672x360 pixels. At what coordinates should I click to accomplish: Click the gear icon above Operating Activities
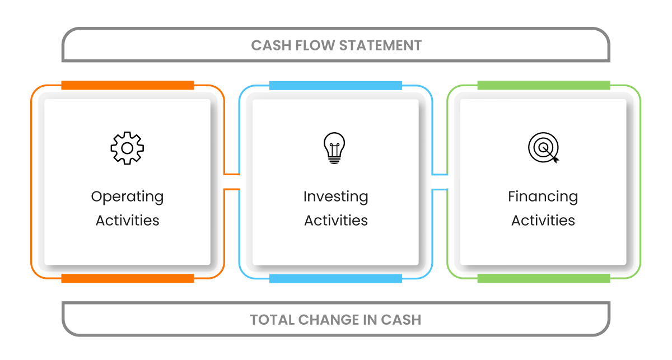127,148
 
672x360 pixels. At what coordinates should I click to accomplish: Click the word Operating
127,197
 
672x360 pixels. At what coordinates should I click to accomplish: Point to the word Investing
335,197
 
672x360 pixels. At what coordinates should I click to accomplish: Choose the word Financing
543,197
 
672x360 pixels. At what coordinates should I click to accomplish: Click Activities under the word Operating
127,221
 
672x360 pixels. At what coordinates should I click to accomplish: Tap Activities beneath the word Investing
335,221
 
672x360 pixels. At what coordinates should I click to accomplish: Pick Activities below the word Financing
543,221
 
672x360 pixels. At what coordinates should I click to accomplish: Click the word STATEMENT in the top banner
382,45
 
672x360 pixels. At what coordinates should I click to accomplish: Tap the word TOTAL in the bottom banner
272,320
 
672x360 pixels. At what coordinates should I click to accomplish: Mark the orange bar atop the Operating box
127,86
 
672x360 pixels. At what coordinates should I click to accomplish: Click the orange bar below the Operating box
127,278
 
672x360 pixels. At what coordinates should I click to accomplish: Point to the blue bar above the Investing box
335,86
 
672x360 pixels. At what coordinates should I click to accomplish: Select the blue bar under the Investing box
335,278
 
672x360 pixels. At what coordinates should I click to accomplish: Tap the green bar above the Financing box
543,86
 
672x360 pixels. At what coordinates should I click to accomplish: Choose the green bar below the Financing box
543,278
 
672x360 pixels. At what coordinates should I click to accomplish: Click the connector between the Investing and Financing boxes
440,182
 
